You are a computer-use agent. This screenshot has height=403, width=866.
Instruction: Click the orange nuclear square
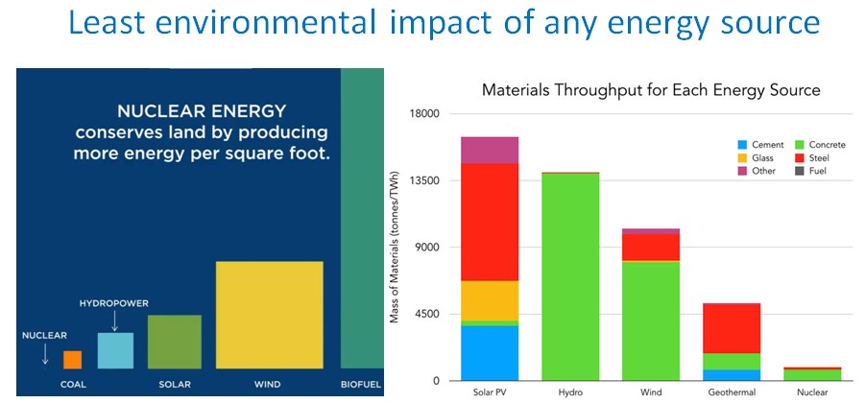click(72, 360)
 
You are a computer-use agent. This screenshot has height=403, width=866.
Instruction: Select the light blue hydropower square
click(115, 350)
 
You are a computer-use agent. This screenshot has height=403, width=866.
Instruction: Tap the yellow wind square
click(270, 315)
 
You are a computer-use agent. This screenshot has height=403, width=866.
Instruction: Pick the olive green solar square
click(175, 342)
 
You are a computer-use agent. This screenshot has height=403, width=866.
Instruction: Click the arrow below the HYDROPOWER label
click(114, 320)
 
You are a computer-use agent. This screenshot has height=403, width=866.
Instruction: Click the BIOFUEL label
click(361, 385)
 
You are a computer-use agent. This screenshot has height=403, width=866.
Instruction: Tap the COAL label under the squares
click(73, 385)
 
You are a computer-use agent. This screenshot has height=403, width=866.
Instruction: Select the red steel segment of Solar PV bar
click(490, 222)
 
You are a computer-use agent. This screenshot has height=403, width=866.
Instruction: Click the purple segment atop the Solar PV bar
click(490, 150)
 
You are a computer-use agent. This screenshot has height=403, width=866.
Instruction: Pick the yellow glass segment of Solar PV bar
click(490, 301)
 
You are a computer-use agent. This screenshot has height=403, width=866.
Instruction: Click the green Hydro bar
click(570, 277)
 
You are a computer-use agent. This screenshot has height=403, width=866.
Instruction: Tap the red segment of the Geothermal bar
click(732, 328)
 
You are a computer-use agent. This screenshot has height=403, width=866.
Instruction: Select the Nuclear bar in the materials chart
click(812, 374)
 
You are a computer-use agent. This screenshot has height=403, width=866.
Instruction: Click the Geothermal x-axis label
click(732, 393)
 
